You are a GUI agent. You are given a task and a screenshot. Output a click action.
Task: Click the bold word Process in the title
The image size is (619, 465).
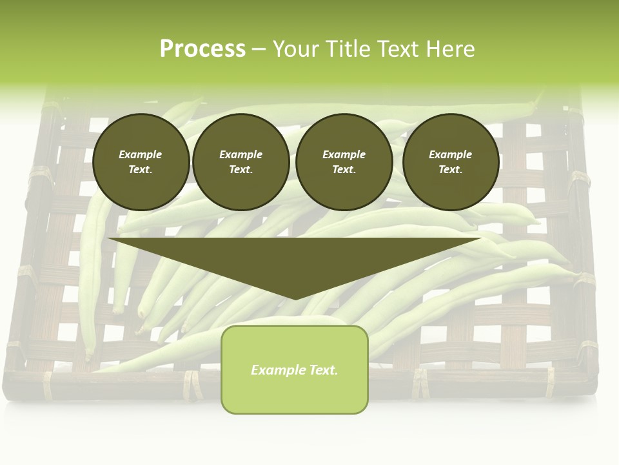pos(202,48)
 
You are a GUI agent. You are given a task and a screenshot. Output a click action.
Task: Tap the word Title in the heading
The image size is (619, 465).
pos(346,48)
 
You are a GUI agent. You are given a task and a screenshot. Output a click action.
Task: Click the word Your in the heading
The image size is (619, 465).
pos(296,48)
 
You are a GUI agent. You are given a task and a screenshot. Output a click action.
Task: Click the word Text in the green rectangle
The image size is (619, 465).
pos(323,370)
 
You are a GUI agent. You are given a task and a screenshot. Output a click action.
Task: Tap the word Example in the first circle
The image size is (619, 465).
pos(141,154)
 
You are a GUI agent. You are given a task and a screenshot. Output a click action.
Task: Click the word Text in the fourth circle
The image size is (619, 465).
pos(450,169)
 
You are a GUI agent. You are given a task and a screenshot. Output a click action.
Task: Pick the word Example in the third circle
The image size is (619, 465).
pos(344,154)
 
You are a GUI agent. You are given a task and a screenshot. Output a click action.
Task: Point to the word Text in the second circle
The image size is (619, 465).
pos(241,169)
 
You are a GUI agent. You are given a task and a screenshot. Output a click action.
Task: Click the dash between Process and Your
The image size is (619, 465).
pos(259,49)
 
